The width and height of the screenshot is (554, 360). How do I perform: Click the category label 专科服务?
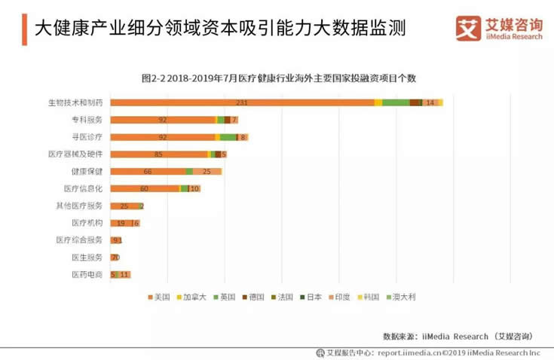click(x=87, y=120)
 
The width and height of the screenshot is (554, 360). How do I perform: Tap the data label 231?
click(x=242, y=102)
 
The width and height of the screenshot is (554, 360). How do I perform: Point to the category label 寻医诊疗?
click(x=87, y=137)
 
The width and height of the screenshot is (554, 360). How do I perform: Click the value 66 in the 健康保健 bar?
click(x=148, y=172)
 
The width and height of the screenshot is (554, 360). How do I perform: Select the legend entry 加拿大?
click(x=191, y=297)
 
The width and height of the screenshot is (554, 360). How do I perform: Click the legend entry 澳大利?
click(x=400, y=297)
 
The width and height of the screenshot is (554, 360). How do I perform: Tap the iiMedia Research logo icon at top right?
click(x=467, y=27)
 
